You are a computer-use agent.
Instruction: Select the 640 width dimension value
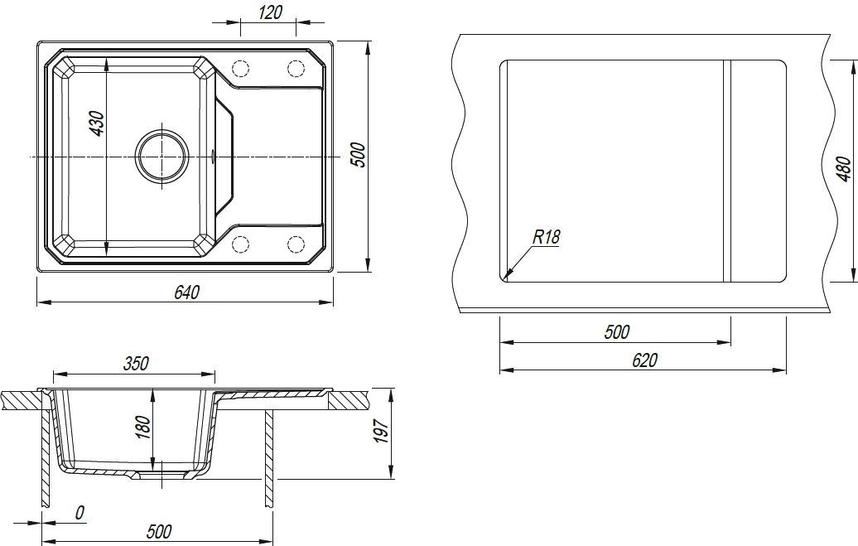(187, 292)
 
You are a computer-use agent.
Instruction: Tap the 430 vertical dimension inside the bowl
(96, 123)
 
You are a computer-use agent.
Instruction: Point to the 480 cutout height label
(844, 170)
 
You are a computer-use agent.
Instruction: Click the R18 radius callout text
(546, 237)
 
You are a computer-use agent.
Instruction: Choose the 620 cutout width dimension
(644, 360)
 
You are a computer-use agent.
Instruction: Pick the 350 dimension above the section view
(136, 363)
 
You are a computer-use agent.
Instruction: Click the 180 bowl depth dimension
(142, 428)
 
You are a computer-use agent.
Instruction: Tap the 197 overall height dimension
(382, 432)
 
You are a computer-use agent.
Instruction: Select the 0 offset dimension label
(80, 513)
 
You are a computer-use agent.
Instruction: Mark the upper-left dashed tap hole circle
(241, 69)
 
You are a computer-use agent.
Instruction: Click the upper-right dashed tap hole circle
(296, 69)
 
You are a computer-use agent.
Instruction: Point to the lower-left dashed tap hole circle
(241, 244)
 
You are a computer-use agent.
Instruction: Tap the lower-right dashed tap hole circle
(296, 244)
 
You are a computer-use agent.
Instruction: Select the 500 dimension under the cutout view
(617, 331)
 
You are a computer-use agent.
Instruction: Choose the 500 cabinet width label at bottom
(159, 530)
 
